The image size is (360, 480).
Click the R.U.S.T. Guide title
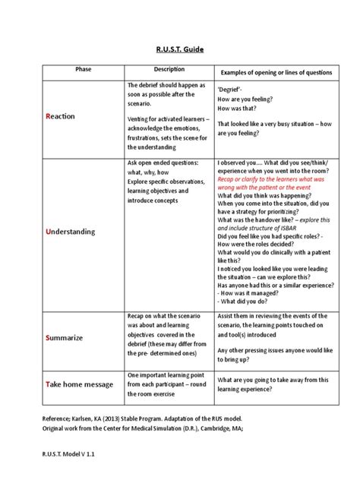pos(180,49)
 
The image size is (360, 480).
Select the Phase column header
pos(83,70)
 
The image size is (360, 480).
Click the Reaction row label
pos(61,116)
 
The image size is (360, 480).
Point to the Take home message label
pos(80,384)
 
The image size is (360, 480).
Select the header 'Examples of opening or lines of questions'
pos(276,71)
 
